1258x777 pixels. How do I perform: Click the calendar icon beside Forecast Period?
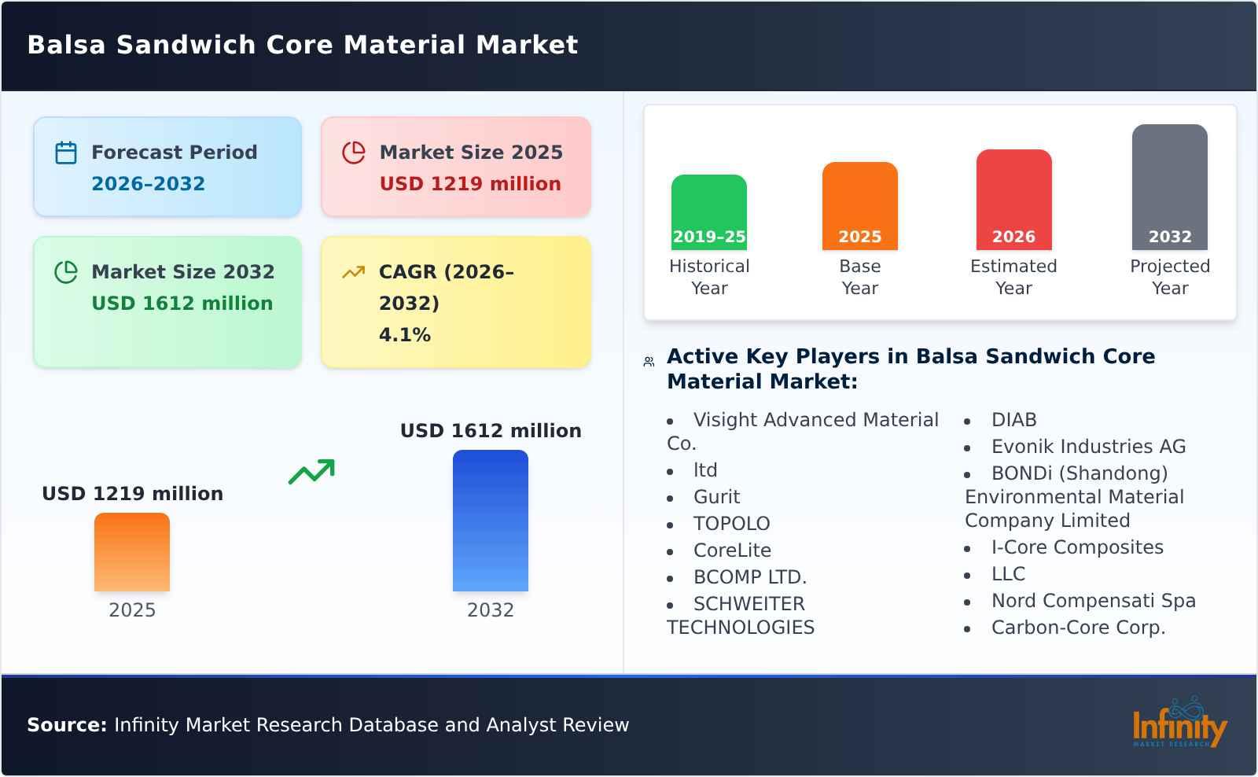pyautogui.click(x=66, y=153)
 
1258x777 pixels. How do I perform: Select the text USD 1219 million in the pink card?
pyautogui.click(x=470, y=184)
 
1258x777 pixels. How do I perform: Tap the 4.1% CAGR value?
pyautogui.click(x=404, y=335)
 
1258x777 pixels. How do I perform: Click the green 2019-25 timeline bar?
pyautogui.click(x=708, y=212)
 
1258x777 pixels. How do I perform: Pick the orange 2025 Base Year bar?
pyautogui.click(x=859, y=206)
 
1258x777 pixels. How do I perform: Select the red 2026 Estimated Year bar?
pyautogui.click(x=1013, y=200)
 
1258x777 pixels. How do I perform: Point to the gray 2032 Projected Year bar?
pyautogui.click(x=1169, y=187)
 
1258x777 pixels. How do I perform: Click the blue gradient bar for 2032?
pyautogui.click(x=490, y=521)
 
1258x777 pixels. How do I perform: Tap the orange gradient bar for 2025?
pyautogui.click(x=132, y=552)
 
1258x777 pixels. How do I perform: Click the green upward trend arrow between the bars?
pyautogui.click(x=311, y=472)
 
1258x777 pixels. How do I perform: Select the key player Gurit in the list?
pyautogui.click(x=716, y=497)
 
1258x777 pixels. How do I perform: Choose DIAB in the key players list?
pyautogui.click(x=1013, y=420)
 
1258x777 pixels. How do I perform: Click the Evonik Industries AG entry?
pyautogui.click(x=1088, y=447)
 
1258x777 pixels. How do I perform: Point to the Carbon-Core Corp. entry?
pyautogui.click(x=1078, y=628)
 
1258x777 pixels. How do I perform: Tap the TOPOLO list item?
pyautogui.click(x=731, y=524)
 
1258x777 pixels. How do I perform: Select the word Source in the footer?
pyautogui.click(x=66, y=725)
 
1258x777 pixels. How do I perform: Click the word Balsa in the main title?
pyautogui.click(x=66, y=45)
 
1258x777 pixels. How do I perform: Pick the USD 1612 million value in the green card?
pyautogui.click(x=182, y=304)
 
